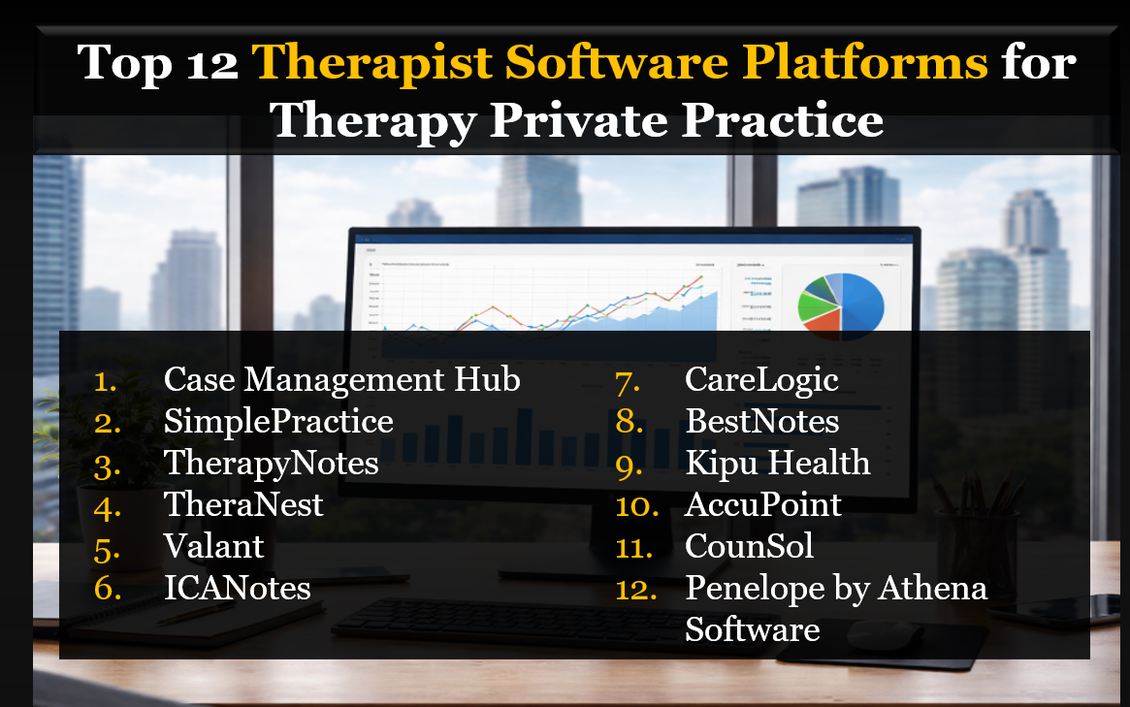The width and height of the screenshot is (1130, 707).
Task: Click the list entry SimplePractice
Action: point(278,421)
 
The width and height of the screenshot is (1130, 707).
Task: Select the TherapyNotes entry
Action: point(271,463)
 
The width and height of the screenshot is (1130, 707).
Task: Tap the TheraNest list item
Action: point(243,504)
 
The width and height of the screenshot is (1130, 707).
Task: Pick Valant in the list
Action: point(213,546)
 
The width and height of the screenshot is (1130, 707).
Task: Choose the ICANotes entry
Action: point(237,588)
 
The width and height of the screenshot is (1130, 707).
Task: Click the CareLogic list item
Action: point(761,379)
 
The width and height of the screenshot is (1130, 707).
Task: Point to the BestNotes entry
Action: point(761,421)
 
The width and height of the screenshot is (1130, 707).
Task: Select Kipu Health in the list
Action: point(777,463)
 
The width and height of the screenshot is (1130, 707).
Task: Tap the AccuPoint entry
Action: point(762,504)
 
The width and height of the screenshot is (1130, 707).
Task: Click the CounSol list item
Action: point(749,546)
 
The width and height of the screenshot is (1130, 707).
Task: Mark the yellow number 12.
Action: point(636,589)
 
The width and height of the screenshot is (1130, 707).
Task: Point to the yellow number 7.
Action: point(628,380)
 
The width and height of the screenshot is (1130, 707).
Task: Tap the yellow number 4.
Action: point(107,505)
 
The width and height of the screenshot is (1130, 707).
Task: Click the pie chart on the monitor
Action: point(840,302)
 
